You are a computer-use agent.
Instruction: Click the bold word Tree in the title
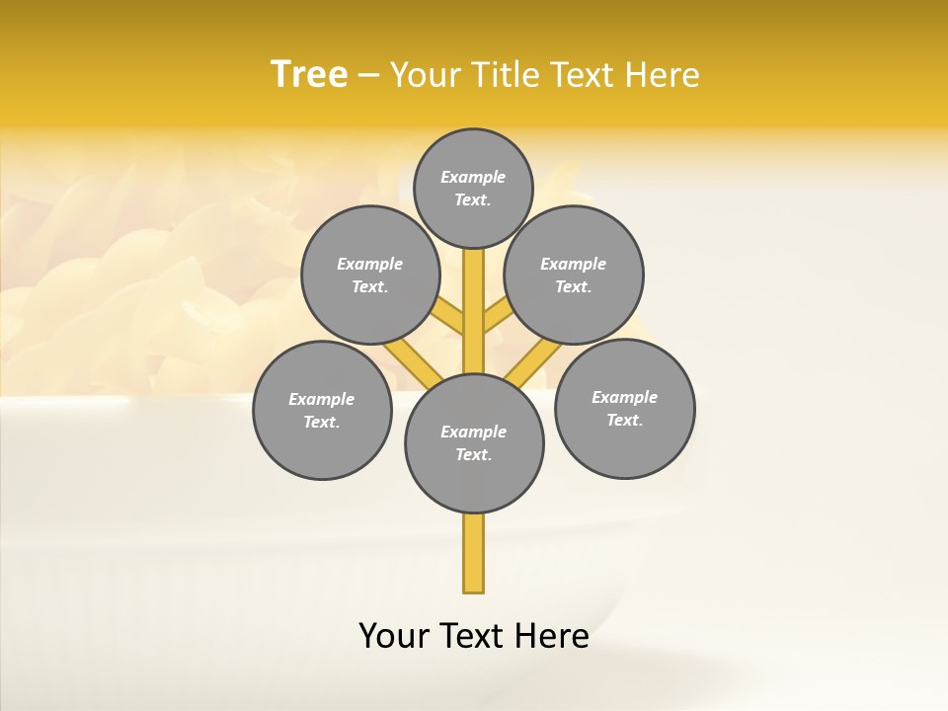coord(309,74)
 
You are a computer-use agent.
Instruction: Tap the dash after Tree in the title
coord(369,76)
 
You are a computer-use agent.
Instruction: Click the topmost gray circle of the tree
coord(473,188)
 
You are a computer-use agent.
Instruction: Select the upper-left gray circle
coord(369,275)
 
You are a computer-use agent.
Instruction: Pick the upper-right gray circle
coord(574,275)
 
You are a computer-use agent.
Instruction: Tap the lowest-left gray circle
coord(322,410)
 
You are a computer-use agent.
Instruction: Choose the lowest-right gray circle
coord(624,408)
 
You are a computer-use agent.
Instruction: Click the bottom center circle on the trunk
coord(474,442)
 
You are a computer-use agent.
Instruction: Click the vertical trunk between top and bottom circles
coord(474,311)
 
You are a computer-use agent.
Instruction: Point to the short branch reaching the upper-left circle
coord(449,317)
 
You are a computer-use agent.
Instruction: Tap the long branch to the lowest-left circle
coord(412,360)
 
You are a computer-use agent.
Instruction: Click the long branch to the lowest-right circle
coord(534,362)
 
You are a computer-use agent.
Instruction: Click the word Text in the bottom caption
coord(472,636)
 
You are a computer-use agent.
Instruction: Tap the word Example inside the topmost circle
coord(473,177)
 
